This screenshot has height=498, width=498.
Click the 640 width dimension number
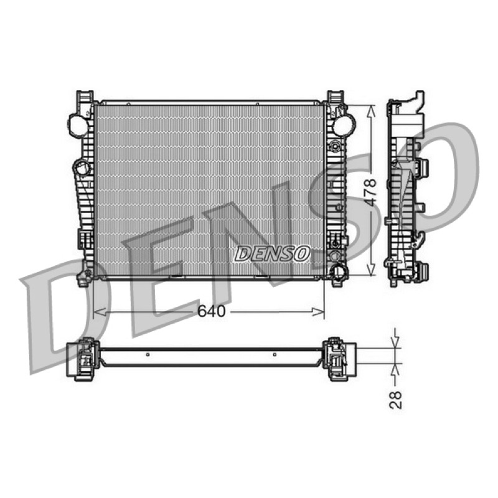pyautogui.click(x=211, y=311)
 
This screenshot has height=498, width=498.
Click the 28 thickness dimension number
pyautogui.click(x=396, y=400)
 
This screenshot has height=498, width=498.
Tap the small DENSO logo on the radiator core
pyautogui.click(x=272, y=253)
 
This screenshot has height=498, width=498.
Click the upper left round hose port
pyautogui.click(x=78, y=123)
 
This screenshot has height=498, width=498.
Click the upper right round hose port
pyautogui.click(x=344, y=124)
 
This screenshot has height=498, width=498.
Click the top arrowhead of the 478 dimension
pyautogui.click(x=370, y=111)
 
